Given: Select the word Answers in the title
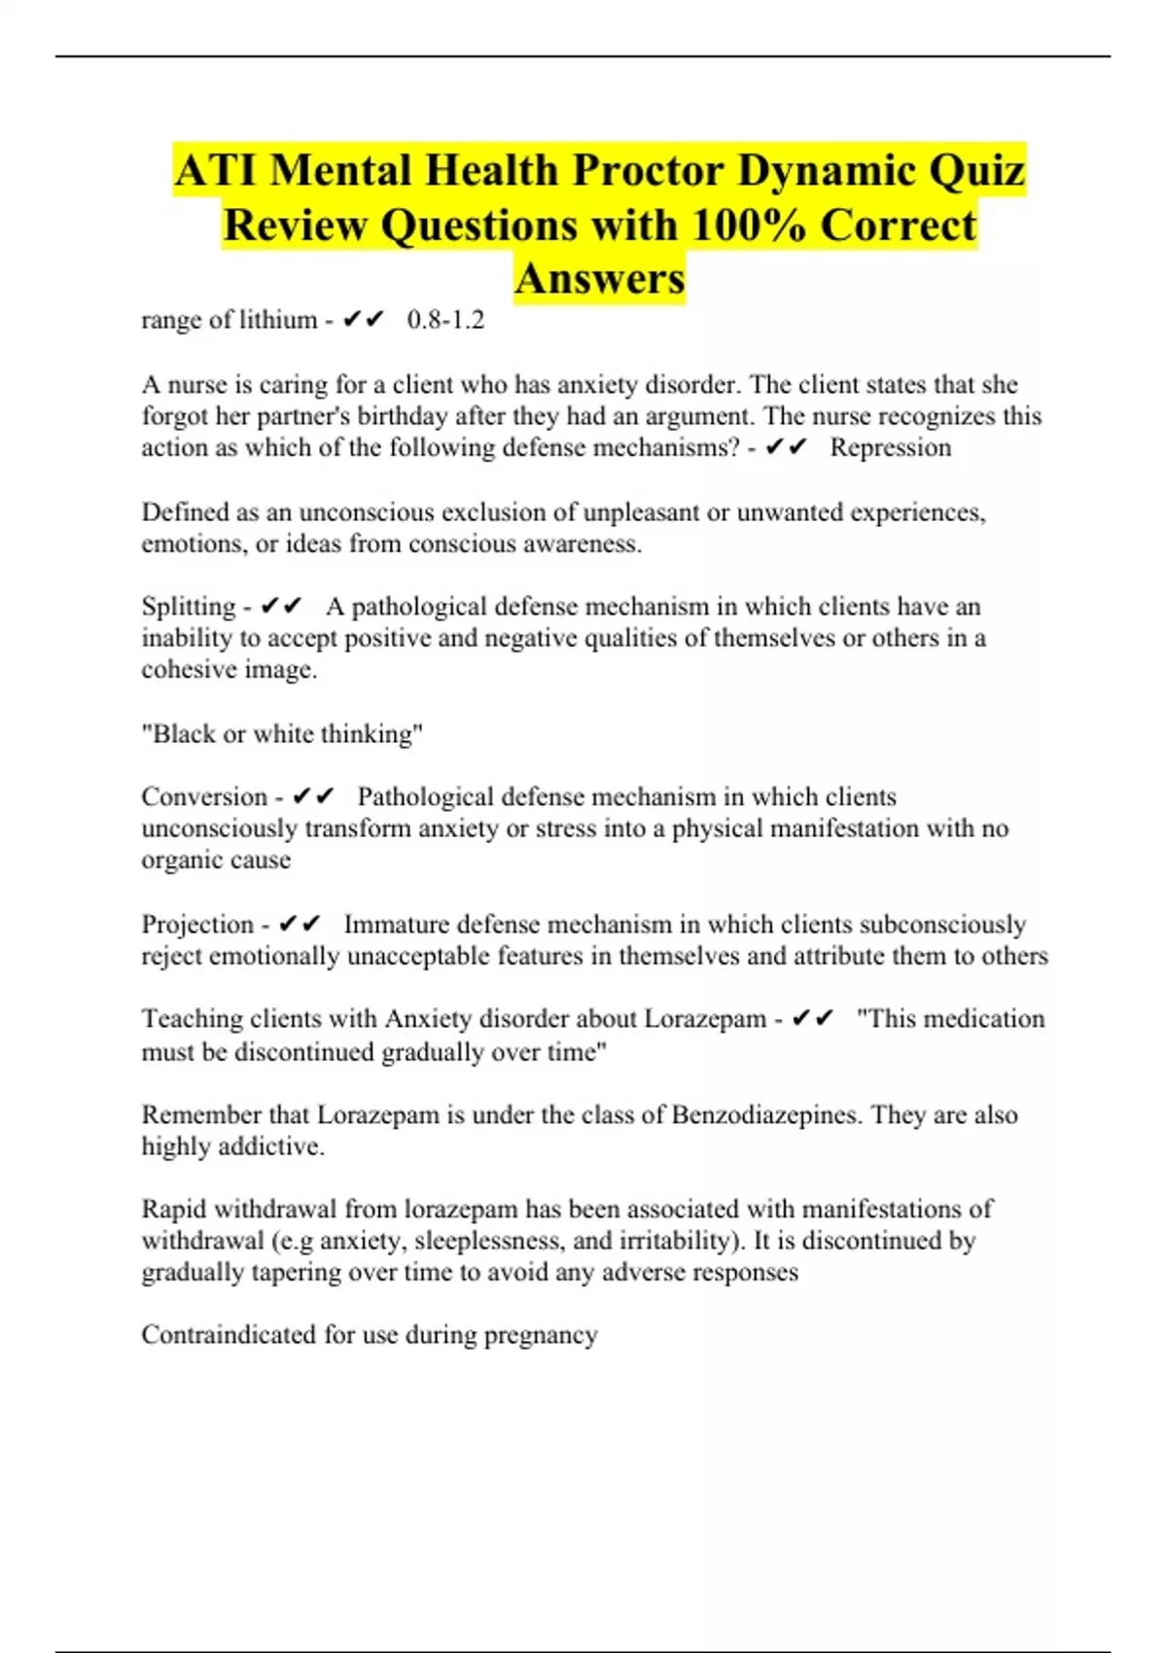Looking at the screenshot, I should (x=600, y=278).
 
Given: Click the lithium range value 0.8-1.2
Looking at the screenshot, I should (x=445, y=320).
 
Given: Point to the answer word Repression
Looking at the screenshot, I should (x=891, y=447).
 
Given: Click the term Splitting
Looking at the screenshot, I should (x=189, y=607).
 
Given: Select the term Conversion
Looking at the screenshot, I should (x=204, y=797).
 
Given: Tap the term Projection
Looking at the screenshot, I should (x=197, y=924).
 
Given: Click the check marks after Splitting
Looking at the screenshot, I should (x=282, y=607).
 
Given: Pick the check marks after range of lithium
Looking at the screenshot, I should (x=364, y=320).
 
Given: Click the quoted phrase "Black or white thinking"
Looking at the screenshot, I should (x=282, y=734).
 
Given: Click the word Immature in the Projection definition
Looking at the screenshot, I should (x=397, y=924).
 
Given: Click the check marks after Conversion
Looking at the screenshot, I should (x=313, y=797).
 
